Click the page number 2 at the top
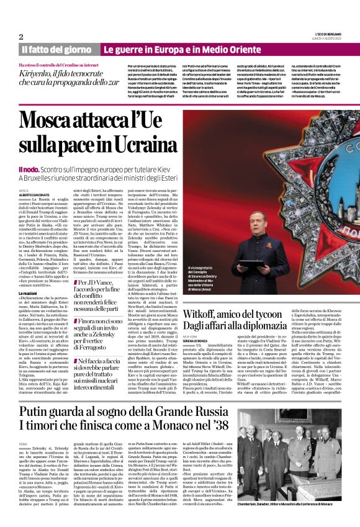(21, 37)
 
